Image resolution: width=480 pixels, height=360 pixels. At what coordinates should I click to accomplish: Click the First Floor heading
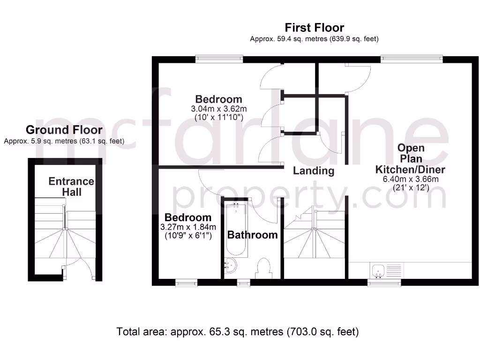[x=315, y=28]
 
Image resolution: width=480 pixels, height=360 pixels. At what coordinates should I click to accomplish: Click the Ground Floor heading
[x=64, y=130]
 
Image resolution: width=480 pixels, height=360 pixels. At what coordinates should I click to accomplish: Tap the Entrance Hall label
[x=71, y=187]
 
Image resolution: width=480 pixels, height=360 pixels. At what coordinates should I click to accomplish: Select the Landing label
[x=314, y=171]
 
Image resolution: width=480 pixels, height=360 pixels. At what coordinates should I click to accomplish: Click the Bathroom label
[x=252, y=235]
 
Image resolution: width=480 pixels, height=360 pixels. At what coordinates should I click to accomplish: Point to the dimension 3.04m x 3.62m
[x=218, y=109]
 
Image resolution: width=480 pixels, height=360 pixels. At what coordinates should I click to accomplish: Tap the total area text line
[x=238, y=332]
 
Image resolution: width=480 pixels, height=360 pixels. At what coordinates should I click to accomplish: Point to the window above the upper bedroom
[x=219, y=59]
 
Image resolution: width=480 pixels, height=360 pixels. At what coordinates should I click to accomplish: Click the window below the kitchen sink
[x=384, y=283]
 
